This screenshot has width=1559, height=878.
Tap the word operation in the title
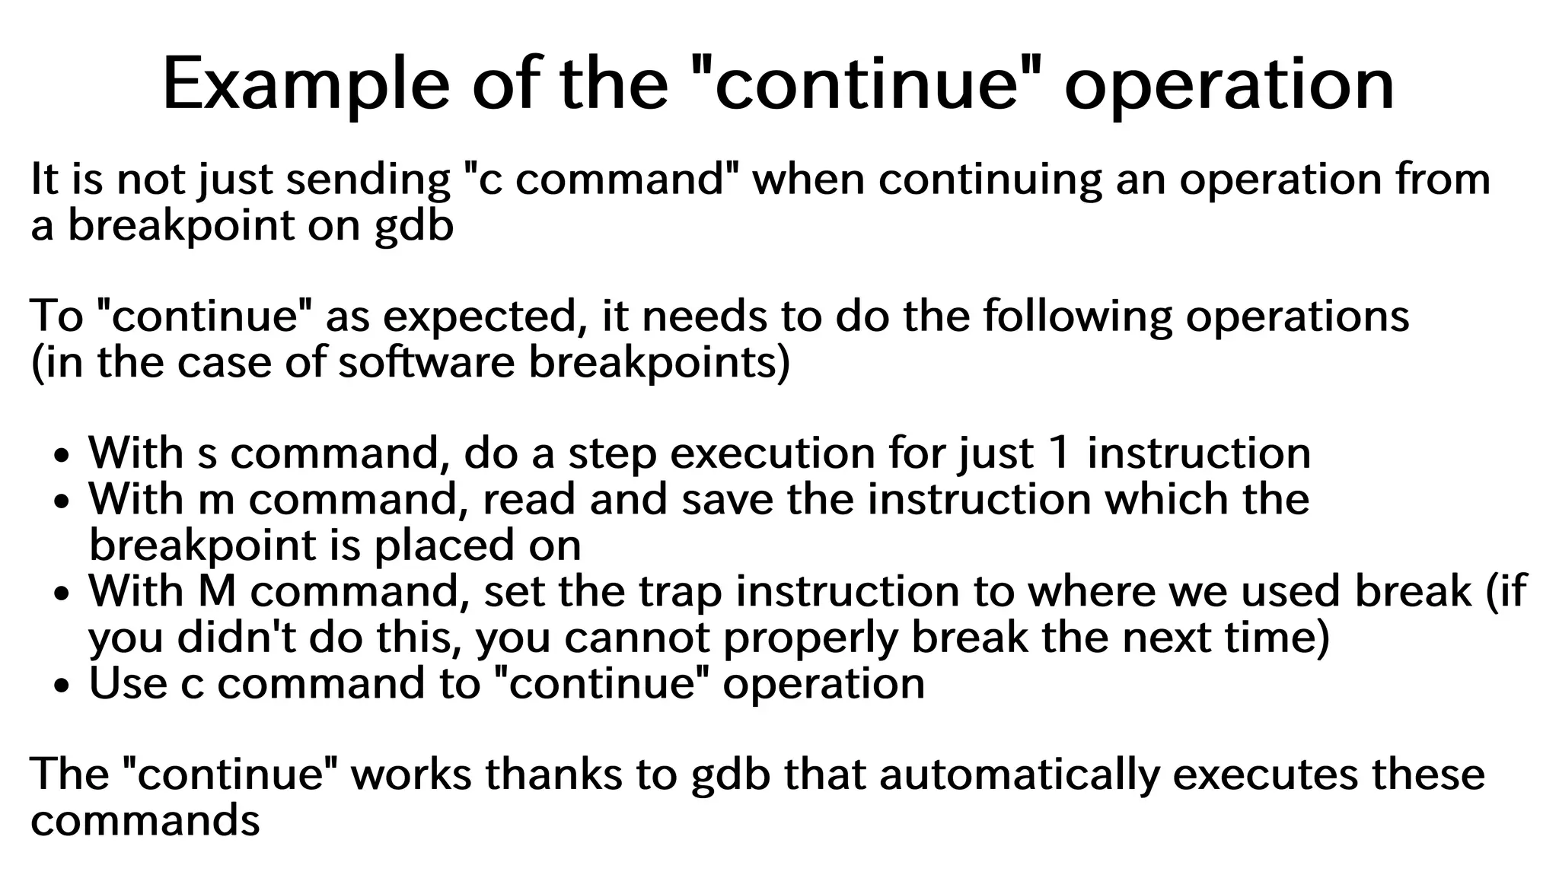point(1229,85)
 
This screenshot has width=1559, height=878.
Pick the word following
point(1078,317)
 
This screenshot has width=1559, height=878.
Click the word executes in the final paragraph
point(1267,775)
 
